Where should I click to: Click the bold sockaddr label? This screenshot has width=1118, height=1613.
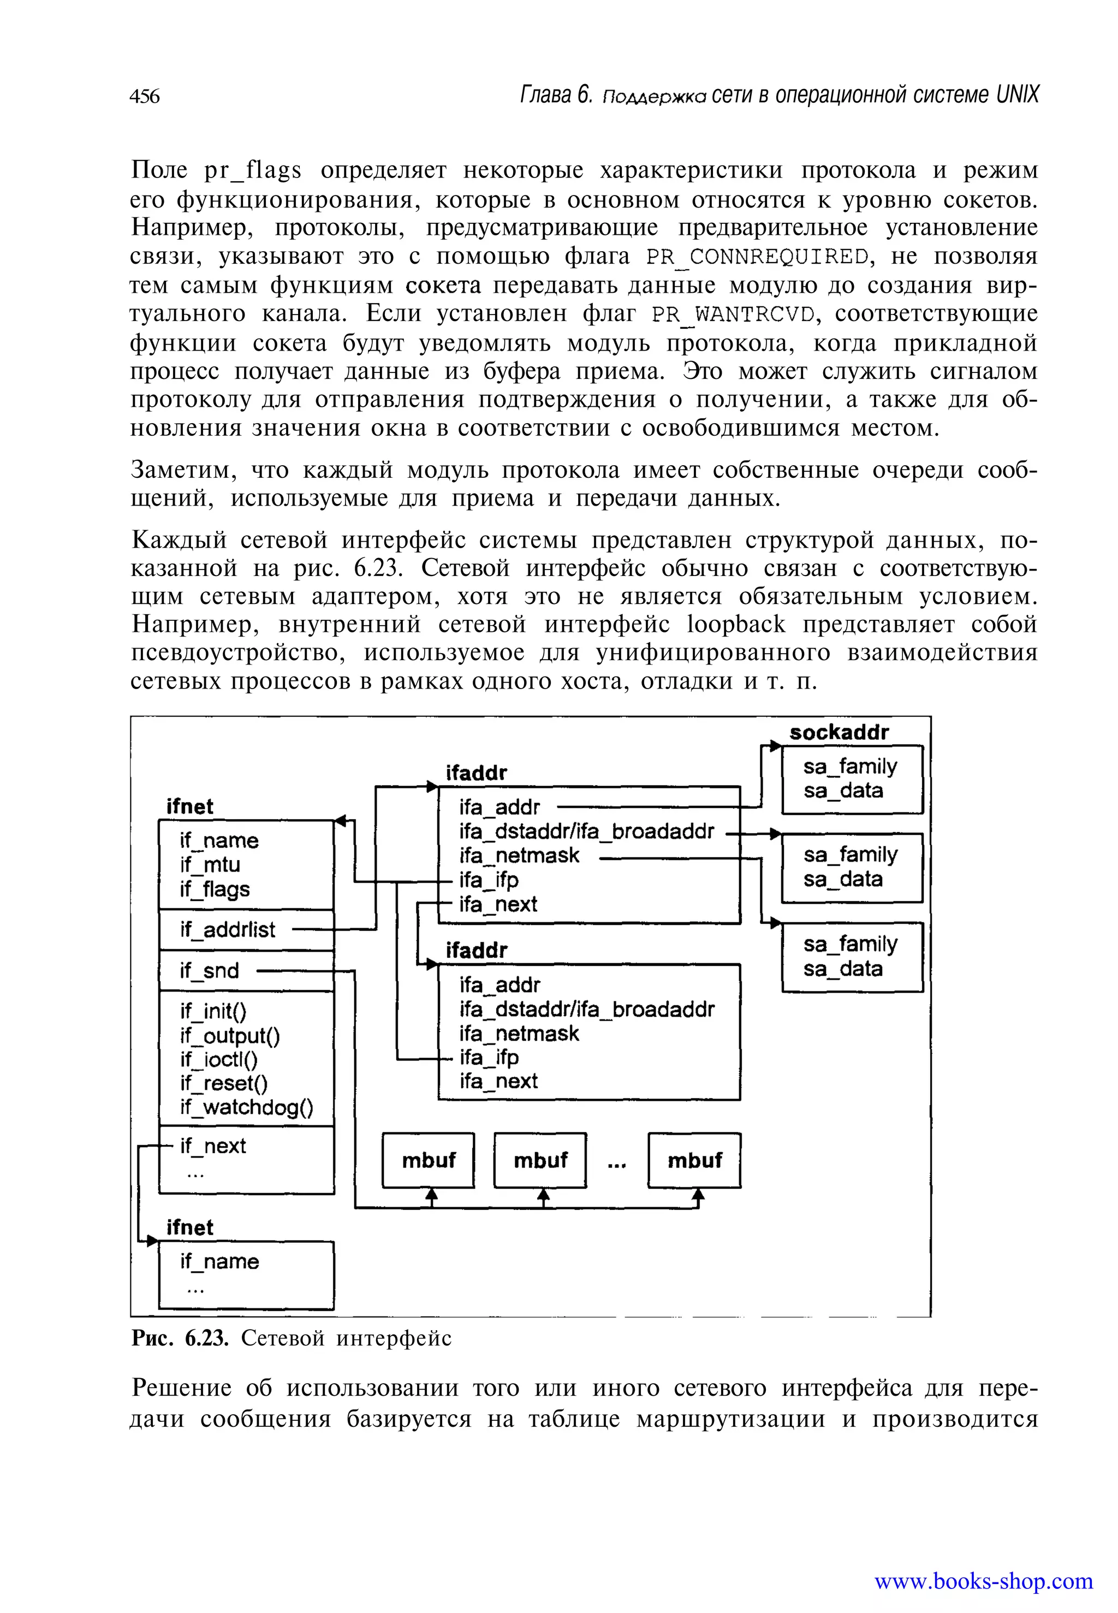[x=838, y=732]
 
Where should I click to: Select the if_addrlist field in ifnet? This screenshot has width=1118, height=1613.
[x=227, y=930]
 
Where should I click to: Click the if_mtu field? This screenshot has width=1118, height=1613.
[x=210, y=865]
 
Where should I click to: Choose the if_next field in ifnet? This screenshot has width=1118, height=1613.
[x=212, y=1146]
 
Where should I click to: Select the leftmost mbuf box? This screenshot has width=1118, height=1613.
[x=428, y=1160]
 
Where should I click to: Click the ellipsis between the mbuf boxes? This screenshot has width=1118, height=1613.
[x=616, y=1164]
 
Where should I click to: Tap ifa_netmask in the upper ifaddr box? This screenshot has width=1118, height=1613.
[x=519, y=856]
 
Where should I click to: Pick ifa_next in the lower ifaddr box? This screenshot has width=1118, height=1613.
[x=498, y=1081]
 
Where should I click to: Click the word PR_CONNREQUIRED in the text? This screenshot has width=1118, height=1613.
[x=757, y=257]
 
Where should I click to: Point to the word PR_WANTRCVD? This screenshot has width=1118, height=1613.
[x=733, y=314]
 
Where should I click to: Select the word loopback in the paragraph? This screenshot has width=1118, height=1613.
[x=736, y=624]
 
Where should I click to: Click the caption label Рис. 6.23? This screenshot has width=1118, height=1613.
[x=180, y=1338]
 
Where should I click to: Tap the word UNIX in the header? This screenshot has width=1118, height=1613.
[x=1017, y=94]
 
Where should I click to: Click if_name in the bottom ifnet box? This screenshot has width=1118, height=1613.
[x=219, y=1261]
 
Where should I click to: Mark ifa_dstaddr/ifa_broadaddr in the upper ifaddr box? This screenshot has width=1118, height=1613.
[x=586, y=831]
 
